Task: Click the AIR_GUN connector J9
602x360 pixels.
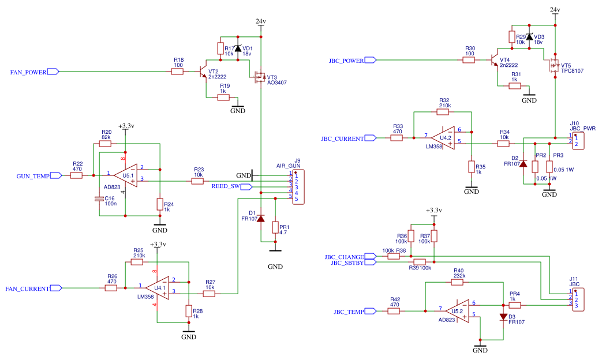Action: [x=298, y=186]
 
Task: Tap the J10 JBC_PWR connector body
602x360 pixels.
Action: [x=578, y=140]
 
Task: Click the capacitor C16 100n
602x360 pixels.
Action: [x=99, y=199]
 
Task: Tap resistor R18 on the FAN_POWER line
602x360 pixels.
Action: [x=178, y=72]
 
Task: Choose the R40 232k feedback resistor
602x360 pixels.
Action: [x=458, y=282]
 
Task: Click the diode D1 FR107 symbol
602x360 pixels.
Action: [x=260, y=219]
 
